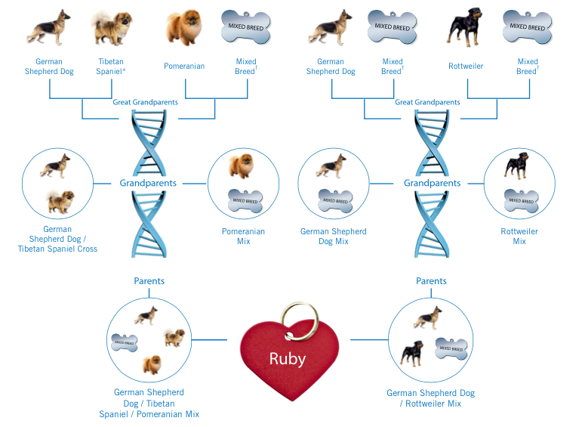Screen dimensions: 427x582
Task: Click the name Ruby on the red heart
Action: pos(287,357)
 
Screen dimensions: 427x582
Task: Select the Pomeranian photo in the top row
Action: pos(184,26)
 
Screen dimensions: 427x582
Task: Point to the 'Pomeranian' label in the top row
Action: pos(184,67)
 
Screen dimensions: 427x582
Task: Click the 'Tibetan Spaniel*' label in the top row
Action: pos(111,67)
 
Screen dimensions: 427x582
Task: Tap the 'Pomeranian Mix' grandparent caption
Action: pos(243,236)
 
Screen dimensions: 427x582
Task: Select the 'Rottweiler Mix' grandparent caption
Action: pos(519,236)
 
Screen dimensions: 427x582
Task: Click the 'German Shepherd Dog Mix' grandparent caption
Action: pos(334,236)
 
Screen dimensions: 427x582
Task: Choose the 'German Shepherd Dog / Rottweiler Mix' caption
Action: pos(430,398)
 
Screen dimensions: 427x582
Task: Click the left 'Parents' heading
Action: pos(149,281)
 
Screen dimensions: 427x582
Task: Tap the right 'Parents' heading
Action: pos(431,281)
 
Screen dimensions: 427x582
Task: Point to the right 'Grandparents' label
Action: pos(432,183)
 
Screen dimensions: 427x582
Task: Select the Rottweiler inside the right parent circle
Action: pos(412,354)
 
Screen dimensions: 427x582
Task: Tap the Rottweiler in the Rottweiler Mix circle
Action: pos(519,166)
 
